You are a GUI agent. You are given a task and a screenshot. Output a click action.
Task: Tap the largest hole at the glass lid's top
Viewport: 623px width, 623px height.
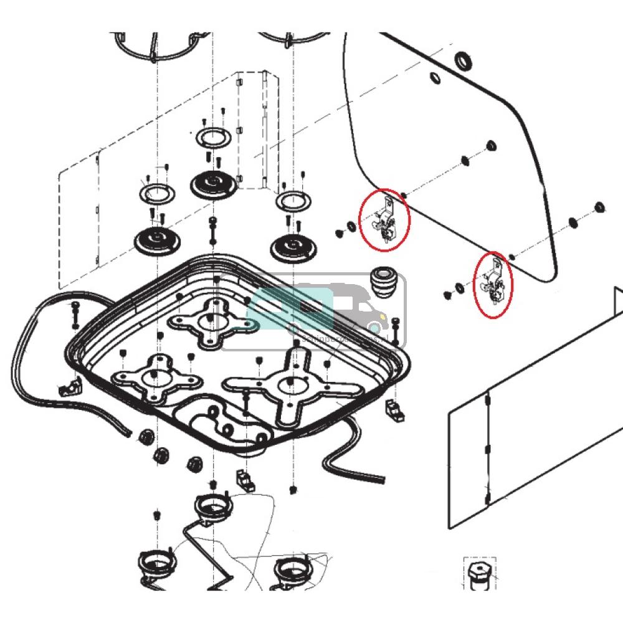pos(463,61)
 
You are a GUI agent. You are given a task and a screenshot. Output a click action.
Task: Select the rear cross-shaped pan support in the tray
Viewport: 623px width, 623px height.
pos(209,321)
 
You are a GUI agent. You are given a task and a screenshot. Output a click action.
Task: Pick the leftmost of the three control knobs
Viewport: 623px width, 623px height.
pos(146,437)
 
